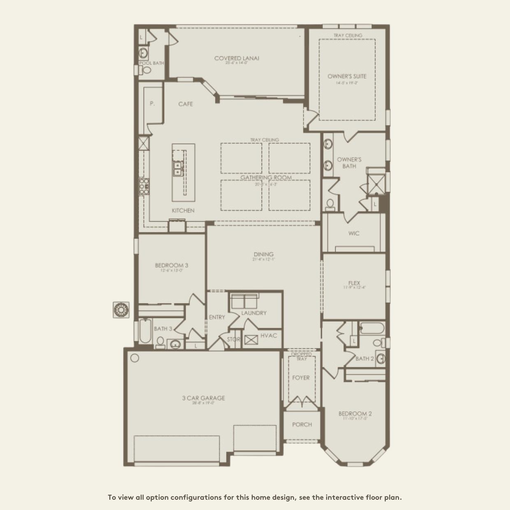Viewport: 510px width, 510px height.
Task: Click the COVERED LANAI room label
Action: coord(236,58)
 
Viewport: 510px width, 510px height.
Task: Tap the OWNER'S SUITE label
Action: coord(347,76)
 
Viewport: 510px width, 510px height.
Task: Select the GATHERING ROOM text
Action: coord(266,178)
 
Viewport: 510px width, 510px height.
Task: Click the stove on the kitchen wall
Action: coord(144,187)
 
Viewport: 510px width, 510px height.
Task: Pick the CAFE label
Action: coord(185,104)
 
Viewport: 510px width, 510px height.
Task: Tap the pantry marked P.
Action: coord(152,104)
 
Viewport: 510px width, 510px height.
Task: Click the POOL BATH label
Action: coord(151,63)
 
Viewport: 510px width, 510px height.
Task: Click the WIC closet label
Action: coord(354,233)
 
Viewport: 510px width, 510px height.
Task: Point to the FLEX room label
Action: coord(354,283)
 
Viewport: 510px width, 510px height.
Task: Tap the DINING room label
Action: coord(264,255)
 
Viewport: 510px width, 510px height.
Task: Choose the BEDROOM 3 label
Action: coord(172,265)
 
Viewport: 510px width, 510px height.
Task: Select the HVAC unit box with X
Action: coord(251,340)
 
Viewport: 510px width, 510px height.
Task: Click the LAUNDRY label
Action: coord(254,313)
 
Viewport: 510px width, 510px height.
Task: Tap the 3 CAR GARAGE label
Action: coord(203,398)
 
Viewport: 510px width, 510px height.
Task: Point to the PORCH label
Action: coord(302,424)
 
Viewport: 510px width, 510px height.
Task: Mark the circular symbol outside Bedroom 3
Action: coord(121,310)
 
